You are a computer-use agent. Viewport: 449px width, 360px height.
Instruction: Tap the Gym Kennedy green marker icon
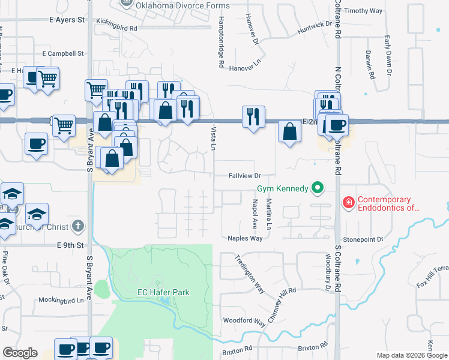(x=318, y=189)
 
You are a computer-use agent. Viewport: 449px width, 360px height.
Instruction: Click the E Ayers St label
(x=67, y=20)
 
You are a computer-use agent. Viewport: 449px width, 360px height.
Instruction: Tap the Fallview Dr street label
(x=244, y=176)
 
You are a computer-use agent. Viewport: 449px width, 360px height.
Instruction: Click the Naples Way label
(x=245, y=238)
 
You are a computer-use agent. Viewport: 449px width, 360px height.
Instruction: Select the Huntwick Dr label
(x=318, y=27)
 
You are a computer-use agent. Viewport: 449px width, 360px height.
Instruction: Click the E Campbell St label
(x=62, y=53)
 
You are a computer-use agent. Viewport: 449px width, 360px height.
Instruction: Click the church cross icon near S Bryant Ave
(x=76, y=226)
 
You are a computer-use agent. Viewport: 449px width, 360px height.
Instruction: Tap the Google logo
(x=20, y=353)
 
